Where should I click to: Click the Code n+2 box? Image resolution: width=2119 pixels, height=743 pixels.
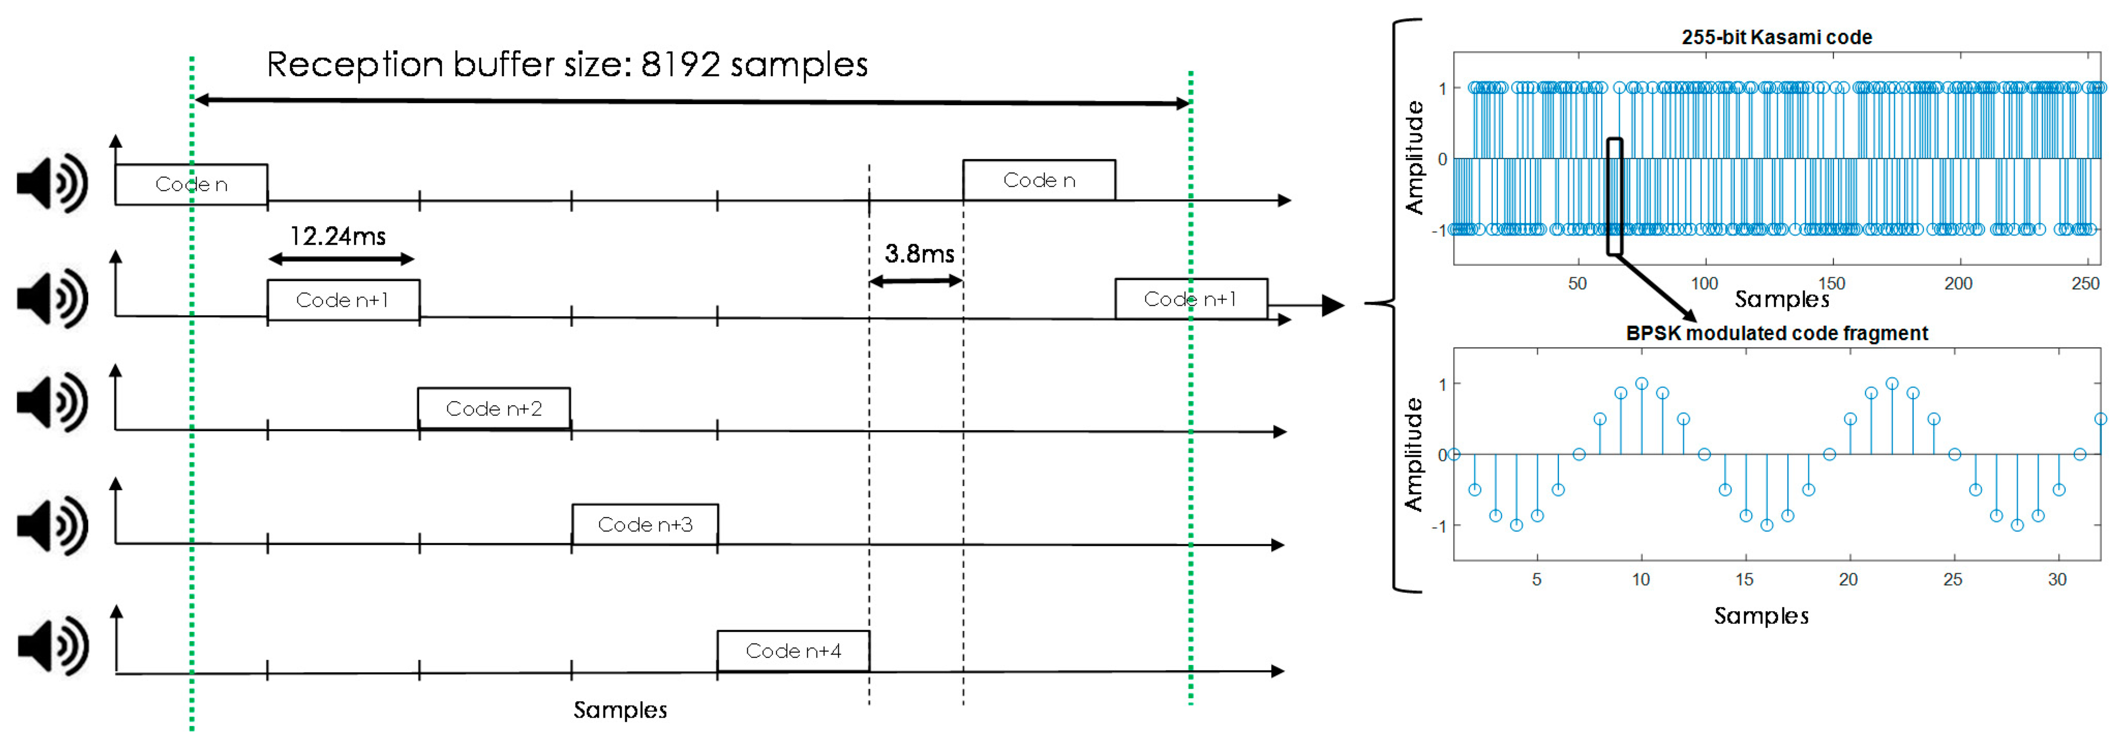tap(494, 408)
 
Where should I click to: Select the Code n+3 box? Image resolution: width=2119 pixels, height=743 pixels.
tap(645, 524)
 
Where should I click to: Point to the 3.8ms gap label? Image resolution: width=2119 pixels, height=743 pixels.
tap(919, 254)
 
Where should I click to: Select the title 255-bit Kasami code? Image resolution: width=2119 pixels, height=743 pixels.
tap(1776, 37)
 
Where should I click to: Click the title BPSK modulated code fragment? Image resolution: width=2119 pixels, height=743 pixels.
tap(1776, 333)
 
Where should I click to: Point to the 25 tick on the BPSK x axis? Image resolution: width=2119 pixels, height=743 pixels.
tap(1952, 580)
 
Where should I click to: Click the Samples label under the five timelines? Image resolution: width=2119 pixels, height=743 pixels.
tap(619, 710)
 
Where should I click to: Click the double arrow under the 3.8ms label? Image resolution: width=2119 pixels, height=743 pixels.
tap(916, 281)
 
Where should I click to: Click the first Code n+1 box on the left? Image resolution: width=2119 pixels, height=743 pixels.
tap(343, 300)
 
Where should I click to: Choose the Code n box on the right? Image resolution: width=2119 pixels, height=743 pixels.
tap(1039, 180)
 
